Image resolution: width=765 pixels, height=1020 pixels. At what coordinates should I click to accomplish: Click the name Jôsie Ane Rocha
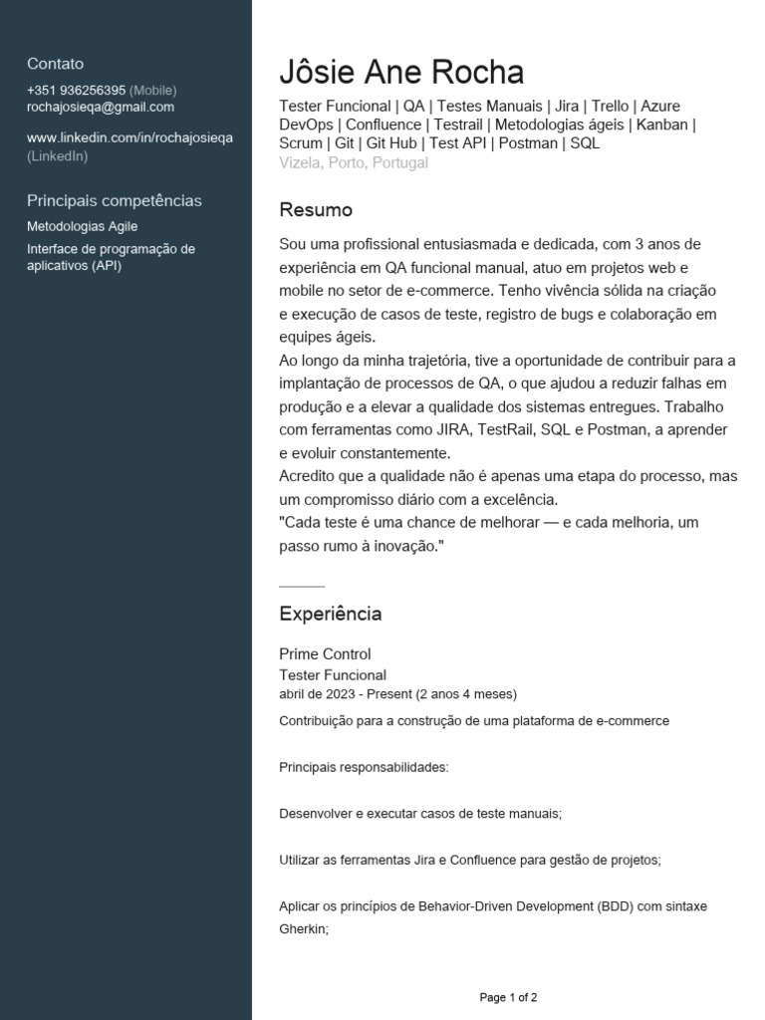point(401,73)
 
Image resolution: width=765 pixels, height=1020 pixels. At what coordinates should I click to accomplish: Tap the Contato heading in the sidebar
point(55,64)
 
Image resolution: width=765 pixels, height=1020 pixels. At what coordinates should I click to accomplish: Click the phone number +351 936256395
point(76,91)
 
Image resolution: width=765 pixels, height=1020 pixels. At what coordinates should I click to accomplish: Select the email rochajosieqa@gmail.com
point(101,108)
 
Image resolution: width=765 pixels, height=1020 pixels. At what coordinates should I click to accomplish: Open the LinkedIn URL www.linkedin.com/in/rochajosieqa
point(129,137)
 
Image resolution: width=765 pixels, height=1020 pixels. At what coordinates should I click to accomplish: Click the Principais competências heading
point(114,200)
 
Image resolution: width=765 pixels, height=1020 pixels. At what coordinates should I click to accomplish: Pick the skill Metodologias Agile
point(82,227)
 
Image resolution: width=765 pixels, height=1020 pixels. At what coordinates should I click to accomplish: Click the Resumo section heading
point(316,210)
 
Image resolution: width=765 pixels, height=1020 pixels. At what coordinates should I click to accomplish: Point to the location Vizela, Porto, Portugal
point(354,163)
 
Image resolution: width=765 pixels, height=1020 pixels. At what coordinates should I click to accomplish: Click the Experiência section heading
point(330,614)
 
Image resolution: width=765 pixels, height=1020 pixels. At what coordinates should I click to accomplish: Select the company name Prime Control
point(325,654)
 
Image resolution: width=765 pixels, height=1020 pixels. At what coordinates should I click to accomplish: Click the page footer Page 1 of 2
point(508,997)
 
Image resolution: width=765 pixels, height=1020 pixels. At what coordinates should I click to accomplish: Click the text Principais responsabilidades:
point(364,768)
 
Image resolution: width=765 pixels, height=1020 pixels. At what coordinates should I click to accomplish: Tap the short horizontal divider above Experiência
point(302,586)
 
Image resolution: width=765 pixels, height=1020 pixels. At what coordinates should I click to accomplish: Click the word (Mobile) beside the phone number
point(152,91)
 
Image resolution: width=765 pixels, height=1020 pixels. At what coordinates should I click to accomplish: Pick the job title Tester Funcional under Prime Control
point(333,675)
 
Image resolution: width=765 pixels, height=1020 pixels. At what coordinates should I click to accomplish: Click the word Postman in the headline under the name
point(528,143)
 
